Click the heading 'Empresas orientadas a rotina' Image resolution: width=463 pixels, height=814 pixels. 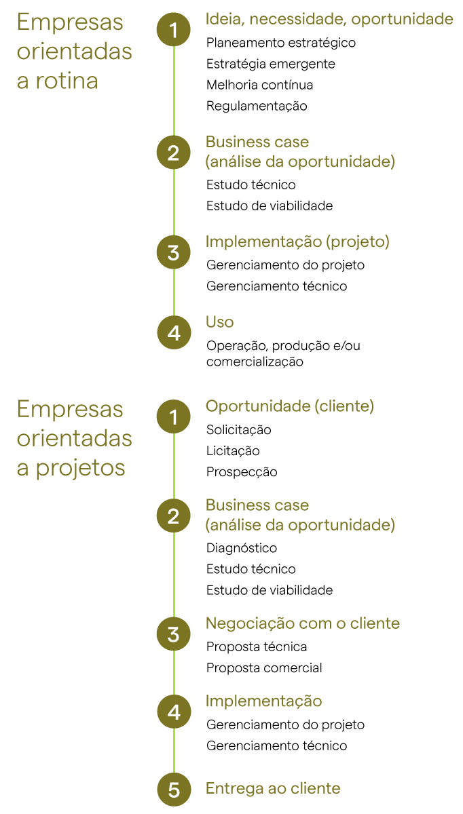click(x=74, y=52)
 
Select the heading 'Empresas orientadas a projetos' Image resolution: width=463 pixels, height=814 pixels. click(x=74, y=439)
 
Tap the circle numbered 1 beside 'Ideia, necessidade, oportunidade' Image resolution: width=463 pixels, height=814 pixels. click(x=174, y=30)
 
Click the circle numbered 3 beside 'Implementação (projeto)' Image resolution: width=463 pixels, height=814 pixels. click(x=174, y=253)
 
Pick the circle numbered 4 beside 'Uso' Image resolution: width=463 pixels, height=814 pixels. click(x=174, y=333)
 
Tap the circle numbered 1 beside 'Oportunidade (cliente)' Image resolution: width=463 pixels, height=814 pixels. click(x=174, y=417)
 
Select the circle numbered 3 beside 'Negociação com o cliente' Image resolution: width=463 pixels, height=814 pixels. click(x=174, y=634)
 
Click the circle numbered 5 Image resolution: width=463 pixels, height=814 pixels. click(x=174, y=790)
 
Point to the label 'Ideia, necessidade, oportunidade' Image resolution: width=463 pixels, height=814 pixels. click(x=329, y=20)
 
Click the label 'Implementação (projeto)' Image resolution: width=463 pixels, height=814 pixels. click(x=297, y=242)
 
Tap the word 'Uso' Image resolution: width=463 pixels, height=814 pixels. click(x=219, y=322)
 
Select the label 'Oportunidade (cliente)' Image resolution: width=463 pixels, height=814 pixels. click(x=290, y=406)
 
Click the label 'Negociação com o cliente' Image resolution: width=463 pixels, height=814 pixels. click(x=303, y=623)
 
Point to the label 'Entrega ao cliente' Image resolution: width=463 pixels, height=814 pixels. click(x=273, y=788)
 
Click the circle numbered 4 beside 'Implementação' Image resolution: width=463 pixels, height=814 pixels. click(x=174, y=712)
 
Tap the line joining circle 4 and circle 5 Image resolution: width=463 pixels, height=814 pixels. click(x=174, y=752)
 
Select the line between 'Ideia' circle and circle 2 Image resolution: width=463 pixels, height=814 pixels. click(x=174, y=91)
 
